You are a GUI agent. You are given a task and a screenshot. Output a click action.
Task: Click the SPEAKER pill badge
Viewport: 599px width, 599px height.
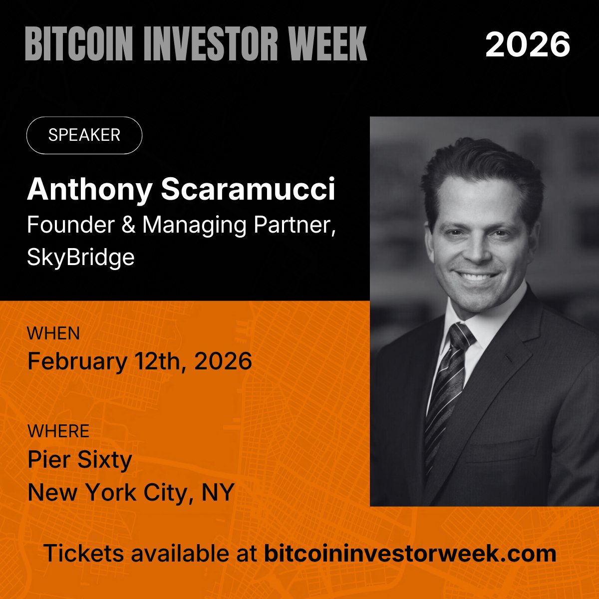pyautogui.click(x=84, y=135)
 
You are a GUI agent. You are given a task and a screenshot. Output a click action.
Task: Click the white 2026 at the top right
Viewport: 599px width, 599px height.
pyautogui.click(x=528, y=44)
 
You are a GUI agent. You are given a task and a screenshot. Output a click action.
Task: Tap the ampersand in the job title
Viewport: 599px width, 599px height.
pyautogui.click(x=129, y=225)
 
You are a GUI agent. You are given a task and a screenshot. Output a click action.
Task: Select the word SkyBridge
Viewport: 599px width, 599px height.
pyautogui.click(x=81, y=258)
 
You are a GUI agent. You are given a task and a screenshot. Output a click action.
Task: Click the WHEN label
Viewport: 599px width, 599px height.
pyautogui.click(x=53, y=333)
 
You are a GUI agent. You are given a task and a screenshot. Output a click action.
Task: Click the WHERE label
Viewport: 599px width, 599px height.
pyautogui.click(x=58, y=431)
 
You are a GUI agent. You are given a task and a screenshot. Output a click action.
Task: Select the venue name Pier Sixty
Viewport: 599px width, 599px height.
pyautogui.click(x=80, y=460)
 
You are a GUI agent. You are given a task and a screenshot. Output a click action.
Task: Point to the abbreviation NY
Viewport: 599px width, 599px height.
pyautogui.click(x=218, y=493)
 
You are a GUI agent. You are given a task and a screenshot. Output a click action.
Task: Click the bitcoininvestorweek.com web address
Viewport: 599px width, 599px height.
pyautogui.click(x=410, y=554)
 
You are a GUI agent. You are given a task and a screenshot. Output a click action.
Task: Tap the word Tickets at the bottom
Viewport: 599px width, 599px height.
pyautogui.click(x=83, y=554)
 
